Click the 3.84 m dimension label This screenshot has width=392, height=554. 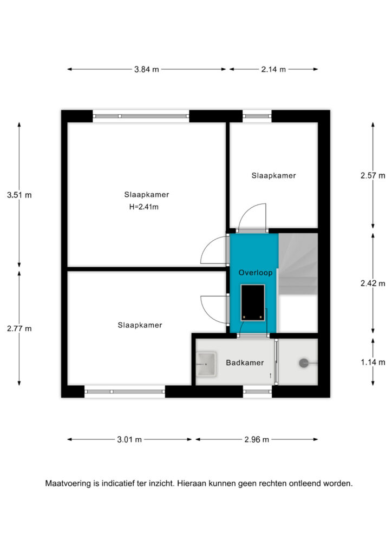coord(146,70)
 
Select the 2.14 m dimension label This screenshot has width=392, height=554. coord(273,70)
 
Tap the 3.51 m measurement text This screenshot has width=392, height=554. coord(19,195)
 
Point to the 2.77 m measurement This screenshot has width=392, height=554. coord(19,328)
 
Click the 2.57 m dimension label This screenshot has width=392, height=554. coord(373,176)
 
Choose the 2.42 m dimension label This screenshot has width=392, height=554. coord(373,283)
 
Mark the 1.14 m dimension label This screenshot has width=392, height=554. coord(373,362)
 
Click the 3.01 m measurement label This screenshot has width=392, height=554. coord(129,439)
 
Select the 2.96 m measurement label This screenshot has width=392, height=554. coord(257,439)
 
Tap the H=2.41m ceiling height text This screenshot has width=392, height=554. coord(144,207)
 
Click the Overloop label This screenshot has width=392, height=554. coord(255,273)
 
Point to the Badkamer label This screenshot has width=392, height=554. coord(245,363)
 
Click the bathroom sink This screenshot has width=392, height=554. coord(206,364)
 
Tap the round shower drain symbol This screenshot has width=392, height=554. coord(304,363)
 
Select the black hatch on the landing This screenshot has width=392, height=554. coord(253,303)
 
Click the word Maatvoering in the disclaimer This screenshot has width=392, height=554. coord(68,484)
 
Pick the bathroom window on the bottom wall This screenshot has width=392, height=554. coord(257,392)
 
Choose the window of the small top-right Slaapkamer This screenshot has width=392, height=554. coord(257,116)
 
